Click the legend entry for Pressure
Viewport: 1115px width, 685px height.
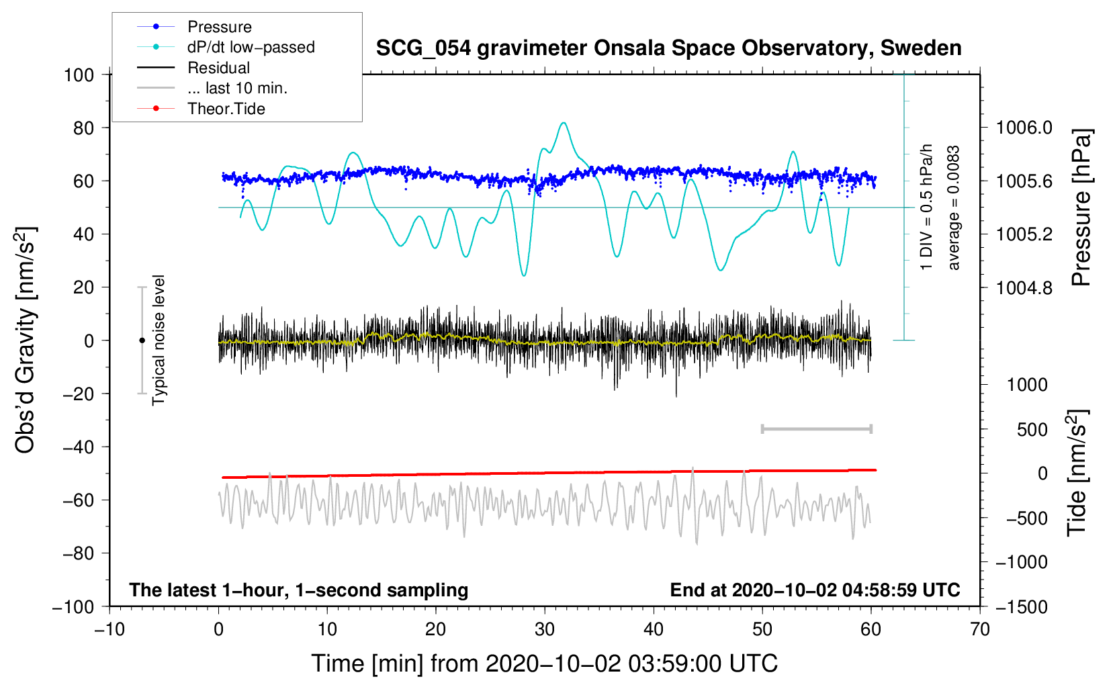pyautogui.click(x=194, y=26)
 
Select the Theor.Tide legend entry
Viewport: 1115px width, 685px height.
pyautogui.click(x=201, y=109)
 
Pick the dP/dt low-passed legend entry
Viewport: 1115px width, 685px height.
pyautogui.click(x=226, y=47)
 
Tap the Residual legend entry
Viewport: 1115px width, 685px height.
pyautogui.click(x=193, y=67)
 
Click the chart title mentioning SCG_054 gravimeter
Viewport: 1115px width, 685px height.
pyautogui.click(x=668, y=48)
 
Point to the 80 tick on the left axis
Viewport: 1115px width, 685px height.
pyautogui.click(x=83, y=128)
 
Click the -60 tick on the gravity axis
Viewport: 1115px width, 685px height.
pyautogui.click(x=78, y=500)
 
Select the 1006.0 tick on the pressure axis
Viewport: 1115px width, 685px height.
pyautogui.click(x=1024, y=128)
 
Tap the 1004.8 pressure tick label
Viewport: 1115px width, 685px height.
pyautogui.click(x=1024, y=287)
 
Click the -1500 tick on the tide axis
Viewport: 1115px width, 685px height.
pyautogui.click(x=1022, y=607)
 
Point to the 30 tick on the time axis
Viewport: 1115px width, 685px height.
pyautogui.click(x=545, y=630)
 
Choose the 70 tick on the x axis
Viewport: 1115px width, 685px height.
pyautogui.click(x=979, y=630)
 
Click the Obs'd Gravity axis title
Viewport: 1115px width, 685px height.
pyautogui.click(x=25, y=340)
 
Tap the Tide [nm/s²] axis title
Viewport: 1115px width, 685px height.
pyautogui.click(x=1077, y=473)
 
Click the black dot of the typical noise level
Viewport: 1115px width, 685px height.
pyautogui.click(x=142, y=340)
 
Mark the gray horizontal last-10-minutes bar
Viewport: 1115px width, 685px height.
pyautogui.click(x=817, y=429)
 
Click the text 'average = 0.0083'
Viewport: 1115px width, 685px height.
pyautogui.click(x=953, y=208)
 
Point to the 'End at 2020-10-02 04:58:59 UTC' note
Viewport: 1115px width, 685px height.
pyautogui.click(x=815, y=590)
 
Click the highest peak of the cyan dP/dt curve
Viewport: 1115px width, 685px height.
pyautogui.click(x=563, y=122)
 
